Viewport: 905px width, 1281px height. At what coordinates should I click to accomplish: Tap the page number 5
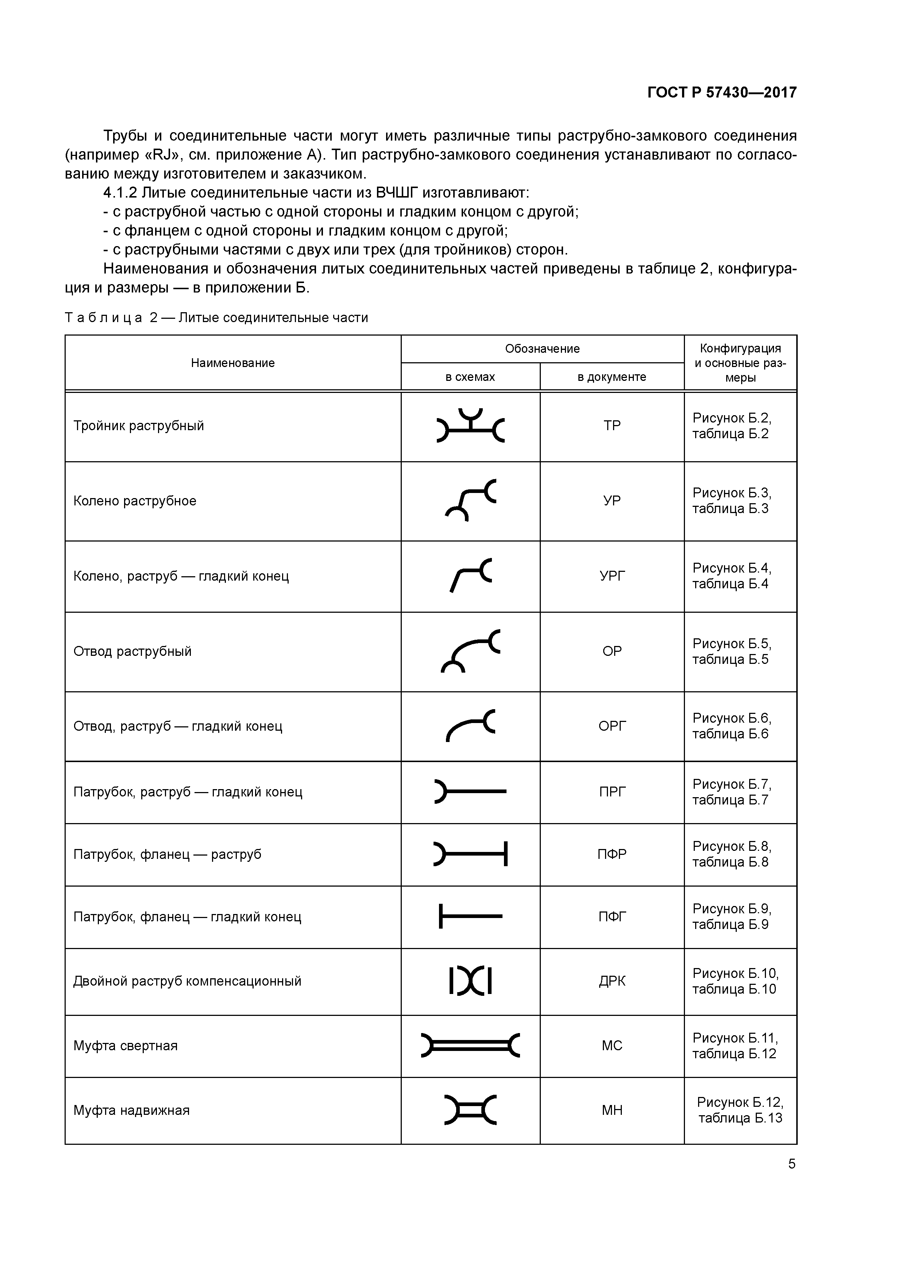click(791, 1164)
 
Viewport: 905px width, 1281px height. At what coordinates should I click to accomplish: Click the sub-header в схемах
click(470, 377)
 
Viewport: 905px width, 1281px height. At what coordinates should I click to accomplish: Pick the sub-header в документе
click(612, 377)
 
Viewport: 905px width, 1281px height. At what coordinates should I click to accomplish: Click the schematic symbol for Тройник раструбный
click(470, 426)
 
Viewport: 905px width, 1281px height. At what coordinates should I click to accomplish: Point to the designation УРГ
click(612, 576)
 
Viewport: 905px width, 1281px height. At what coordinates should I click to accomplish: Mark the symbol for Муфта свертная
click(470, 1045)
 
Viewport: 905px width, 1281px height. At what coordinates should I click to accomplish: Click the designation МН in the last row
click(612, 1110)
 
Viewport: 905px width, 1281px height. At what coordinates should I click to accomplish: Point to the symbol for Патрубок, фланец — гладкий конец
click(470, 916)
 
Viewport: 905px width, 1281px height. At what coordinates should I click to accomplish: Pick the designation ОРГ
click(612, 726)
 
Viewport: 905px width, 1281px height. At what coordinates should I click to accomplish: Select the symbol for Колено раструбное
click(470, 500)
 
